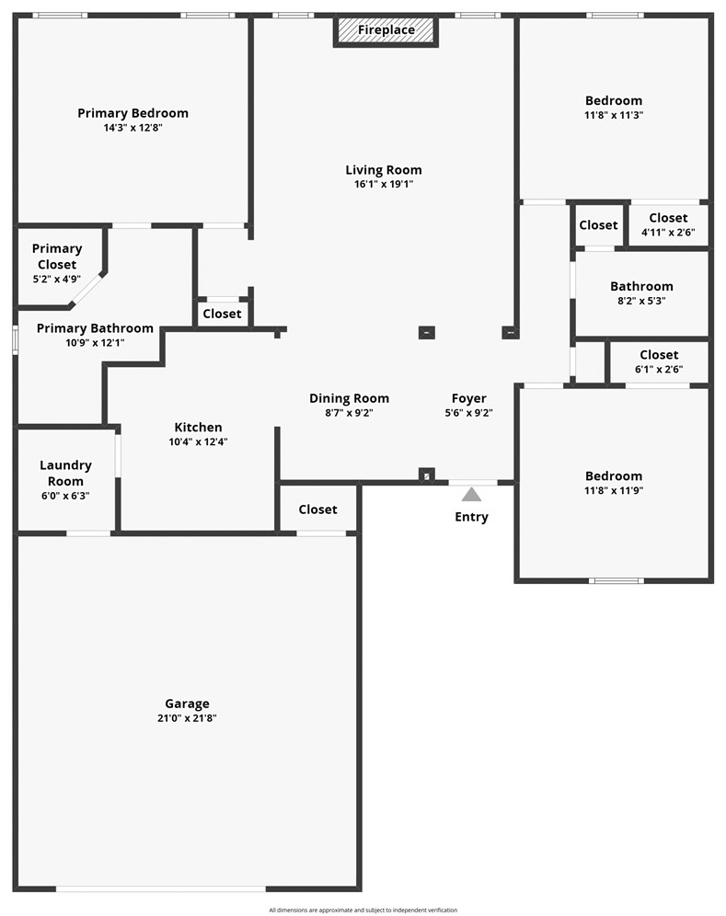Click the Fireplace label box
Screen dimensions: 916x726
point(386,30)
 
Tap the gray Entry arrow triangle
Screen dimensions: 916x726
point(471,494)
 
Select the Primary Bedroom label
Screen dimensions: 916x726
point(133,113)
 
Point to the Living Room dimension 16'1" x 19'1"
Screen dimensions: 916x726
point(384,184)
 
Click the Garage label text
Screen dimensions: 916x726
point(187,704)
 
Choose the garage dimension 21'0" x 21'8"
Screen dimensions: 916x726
point(187,718)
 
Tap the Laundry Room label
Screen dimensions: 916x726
point(65,473)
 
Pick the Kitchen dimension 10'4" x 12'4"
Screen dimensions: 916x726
point(198,441)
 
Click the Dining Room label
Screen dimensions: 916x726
point(349,398)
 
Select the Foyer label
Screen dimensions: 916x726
point(468,398)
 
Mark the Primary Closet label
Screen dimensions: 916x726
point(57,257)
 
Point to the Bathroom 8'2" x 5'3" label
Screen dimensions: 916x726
point(641,286)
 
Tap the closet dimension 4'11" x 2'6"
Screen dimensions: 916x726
point(668,233)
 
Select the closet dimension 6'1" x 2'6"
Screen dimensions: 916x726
point(659,369)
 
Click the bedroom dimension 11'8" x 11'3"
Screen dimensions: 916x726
point(614,115)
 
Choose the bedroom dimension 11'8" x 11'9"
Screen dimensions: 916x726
point(614,490)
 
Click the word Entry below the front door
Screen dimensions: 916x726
point(471,517)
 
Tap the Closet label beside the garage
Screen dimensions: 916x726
point(317,509)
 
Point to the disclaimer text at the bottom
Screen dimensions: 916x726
point(363,910)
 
